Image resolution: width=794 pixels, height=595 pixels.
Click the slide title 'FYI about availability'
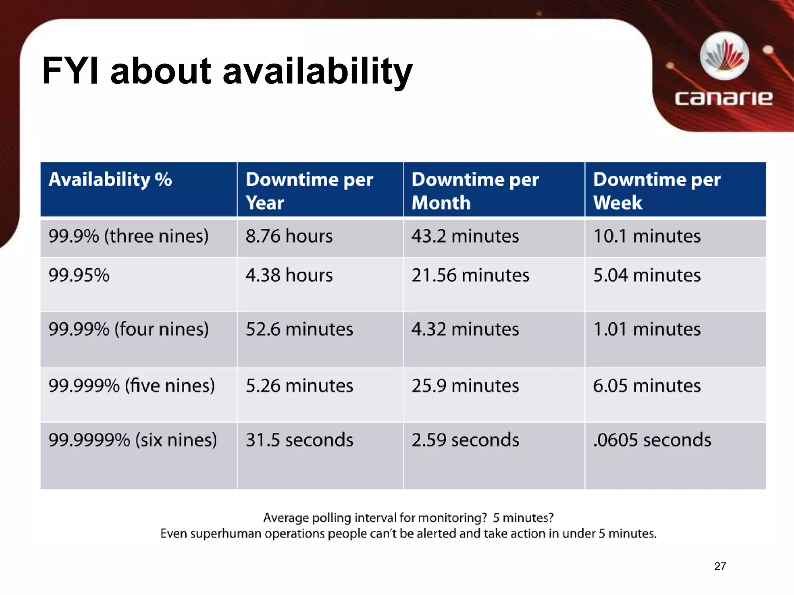tap(227, 71)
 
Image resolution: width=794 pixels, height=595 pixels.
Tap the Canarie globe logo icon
tap(724, 57)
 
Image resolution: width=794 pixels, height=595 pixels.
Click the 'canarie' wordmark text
tap(723, 98)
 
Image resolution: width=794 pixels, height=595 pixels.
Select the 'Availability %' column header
tap(110, 180)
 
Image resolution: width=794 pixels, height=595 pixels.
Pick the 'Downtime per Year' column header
tap(309, 191)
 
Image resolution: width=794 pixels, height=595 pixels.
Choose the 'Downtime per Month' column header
tap(475, 191)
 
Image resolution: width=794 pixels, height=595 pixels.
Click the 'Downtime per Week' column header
tap(656, 191)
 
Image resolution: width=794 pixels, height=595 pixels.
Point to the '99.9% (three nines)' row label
tap(128, 236)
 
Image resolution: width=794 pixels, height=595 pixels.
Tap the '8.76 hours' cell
tap(289, 236)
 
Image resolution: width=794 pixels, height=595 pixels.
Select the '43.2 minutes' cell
tap(465, 236)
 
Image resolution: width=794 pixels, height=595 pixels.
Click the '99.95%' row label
tap(79, 275)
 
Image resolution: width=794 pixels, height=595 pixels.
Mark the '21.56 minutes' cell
tap(470, 275)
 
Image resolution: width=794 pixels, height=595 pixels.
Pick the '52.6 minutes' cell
tap(299, 330)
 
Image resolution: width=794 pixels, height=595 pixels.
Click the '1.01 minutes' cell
tap(647, 330)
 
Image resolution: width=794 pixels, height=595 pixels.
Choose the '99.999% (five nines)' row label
tap(131, 386)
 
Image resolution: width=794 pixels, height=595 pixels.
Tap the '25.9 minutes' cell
tap(465, 386)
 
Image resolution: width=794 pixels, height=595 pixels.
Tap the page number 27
tap(720, 566)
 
